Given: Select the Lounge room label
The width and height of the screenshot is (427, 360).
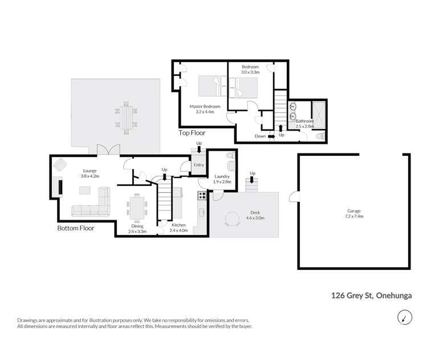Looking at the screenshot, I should (x=89, y=171).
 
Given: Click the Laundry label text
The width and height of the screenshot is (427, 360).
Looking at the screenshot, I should (x=222, y=177).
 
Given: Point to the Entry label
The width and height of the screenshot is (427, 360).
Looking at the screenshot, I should (x=198, y=165).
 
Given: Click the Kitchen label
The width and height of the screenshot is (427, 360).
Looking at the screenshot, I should (x=178, y=225).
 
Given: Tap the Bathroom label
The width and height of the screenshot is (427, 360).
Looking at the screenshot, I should (x=304, y=121).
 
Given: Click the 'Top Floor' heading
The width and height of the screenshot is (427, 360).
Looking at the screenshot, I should (x=192, y=133).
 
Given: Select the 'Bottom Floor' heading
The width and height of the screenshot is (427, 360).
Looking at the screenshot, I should (x=76, y=228).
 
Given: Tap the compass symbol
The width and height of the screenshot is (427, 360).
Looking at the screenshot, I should (x=403, y=317).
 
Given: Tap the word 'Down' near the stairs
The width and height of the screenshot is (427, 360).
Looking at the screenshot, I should (x=261, y=136).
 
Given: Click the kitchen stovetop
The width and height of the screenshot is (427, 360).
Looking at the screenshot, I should (x=202, y=196).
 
